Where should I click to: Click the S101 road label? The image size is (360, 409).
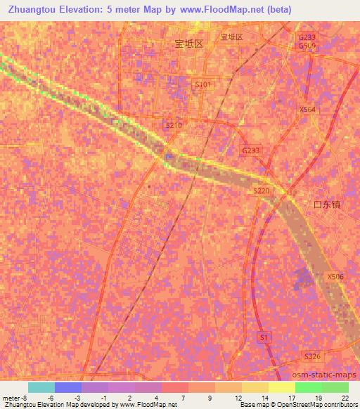(x=202, y=84)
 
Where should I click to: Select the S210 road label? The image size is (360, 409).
(x=174, y=125)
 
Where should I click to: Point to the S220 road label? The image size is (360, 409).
(x=262, y=190)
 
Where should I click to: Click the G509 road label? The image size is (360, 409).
(x=307, y=46)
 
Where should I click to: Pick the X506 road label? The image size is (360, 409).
(x=335, y=277)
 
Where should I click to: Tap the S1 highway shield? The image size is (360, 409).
(x=264, y=337)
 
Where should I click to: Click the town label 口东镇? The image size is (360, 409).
(x=327, y=204)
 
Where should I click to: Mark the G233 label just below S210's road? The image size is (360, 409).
(x=251, y=150)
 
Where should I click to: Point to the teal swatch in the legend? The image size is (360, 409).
(x=41, y=387)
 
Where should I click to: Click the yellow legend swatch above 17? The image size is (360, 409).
(x=281, y=387)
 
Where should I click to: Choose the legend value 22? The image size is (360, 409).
(x=345, y=398)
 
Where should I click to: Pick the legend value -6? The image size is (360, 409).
(x=51, y=398)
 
